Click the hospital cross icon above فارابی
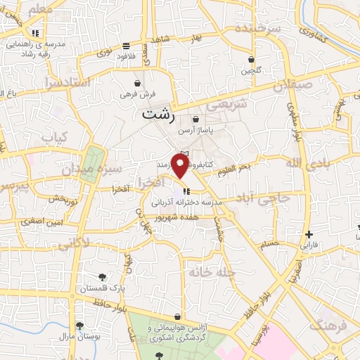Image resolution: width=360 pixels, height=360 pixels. coord(309,234)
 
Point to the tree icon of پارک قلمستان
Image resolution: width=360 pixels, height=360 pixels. coord(103,276)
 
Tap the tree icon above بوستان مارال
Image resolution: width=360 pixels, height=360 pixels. coord(79,326)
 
